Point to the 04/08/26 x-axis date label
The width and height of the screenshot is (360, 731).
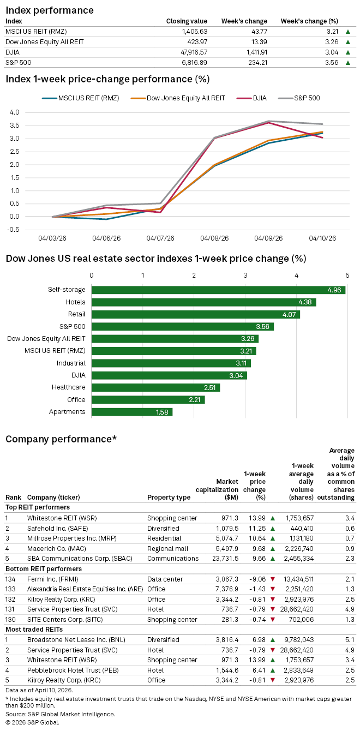[x=214, y=238]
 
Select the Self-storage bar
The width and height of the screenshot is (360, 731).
[x=218, y=290]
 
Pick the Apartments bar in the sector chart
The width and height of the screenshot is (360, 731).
[x=132, y=412]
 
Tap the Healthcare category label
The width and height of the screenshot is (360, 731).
[x=69, y=387]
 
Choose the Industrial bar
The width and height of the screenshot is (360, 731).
[x=171, y=363]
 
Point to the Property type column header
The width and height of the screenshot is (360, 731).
[x=169, y=498]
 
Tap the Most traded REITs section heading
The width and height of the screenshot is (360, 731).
[x=30, y=630]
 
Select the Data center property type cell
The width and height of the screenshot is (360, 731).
[x=165, y=579]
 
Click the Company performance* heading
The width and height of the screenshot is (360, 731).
[x=61, y=439]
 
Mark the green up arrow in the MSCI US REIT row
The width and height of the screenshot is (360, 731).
[x=347, y=32]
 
